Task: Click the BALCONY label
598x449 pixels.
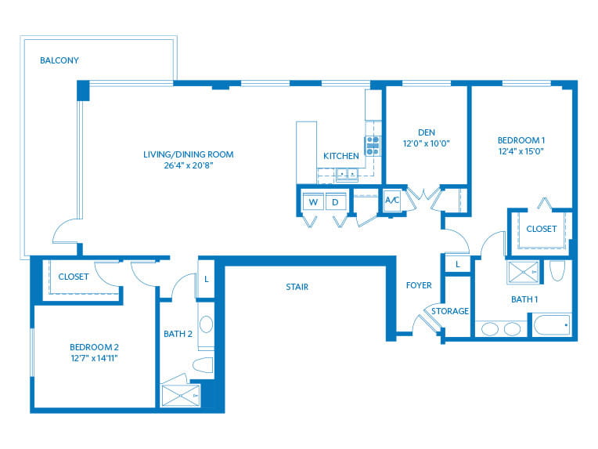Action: pos(59,60)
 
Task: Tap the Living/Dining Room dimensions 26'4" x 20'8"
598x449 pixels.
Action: pos(188,165)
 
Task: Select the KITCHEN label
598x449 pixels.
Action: pos(341,156)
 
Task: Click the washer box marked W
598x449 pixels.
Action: pos(313,202)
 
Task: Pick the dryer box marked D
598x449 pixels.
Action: pos(336,202)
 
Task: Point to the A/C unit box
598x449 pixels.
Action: pos(392,201)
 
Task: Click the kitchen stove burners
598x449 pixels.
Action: pos(373,146)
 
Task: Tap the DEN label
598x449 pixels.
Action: pos(427,132)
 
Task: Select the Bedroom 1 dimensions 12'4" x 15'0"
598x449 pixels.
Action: pos(521,151)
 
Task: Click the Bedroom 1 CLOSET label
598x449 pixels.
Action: pos(541,229)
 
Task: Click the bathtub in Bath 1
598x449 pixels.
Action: pos(551,324)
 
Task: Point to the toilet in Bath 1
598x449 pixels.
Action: pos(557,271)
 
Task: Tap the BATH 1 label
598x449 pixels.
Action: pos(503,299)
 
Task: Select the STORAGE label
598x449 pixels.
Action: pos(450,311)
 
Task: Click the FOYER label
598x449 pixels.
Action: pos(418,285)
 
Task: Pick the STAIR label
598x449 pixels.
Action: pos(297,287)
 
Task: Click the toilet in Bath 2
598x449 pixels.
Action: pos(203,365)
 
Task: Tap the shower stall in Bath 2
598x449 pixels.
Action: pos(179,396)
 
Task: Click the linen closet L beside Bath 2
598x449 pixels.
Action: pos(205,279)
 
